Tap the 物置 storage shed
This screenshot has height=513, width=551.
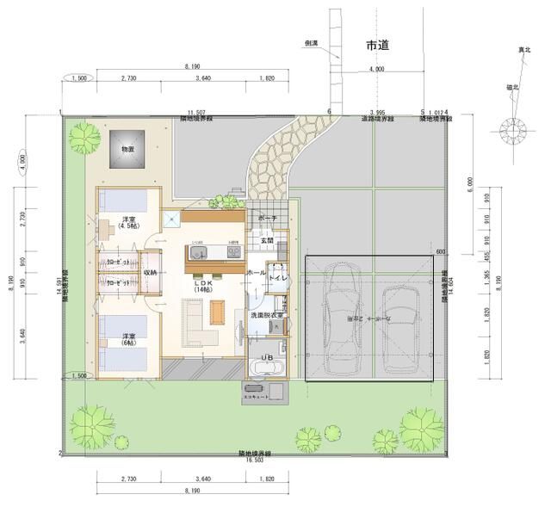127,150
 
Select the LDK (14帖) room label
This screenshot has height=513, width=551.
202,286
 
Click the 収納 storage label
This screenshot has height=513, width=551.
150,273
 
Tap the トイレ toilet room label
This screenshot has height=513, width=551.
278,279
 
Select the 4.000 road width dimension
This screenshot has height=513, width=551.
377,69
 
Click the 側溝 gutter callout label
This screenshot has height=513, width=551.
312,41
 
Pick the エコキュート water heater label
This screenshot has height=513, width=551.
256,399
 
